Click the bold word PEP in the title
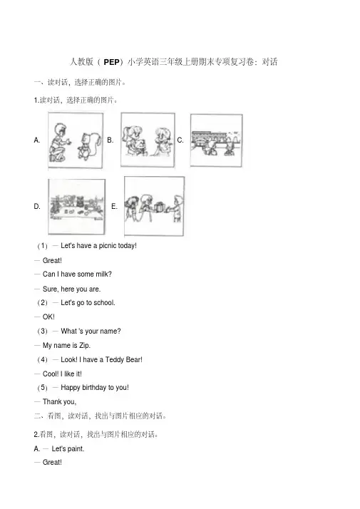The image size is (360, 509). click(111, 62)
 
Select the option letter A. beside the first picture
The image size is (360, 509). click(37, 140)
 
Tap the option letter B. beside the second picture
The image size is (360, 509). click(110, 140)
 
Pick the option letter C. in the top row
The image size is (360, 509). click(180, 140)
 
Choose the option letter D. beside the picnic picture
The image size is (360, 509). click(37, 207)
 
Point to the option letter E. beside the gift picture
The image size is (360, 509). click(114, 207)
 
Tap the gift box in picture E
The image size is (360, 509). click(160, 207)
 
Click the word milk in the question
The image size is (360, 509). click(103, 274)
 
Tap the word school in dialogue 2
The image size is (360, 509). click(104, 303)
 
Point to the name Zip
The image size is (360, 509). click(84, 345)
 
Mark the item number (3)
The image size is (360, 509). click(42, 331)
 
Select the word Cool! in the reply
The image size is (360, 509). click(51, 374)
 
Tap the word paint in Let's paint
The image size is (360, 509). click(76, 449)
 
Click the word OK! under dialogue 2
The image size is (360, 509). click(48, 317)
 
